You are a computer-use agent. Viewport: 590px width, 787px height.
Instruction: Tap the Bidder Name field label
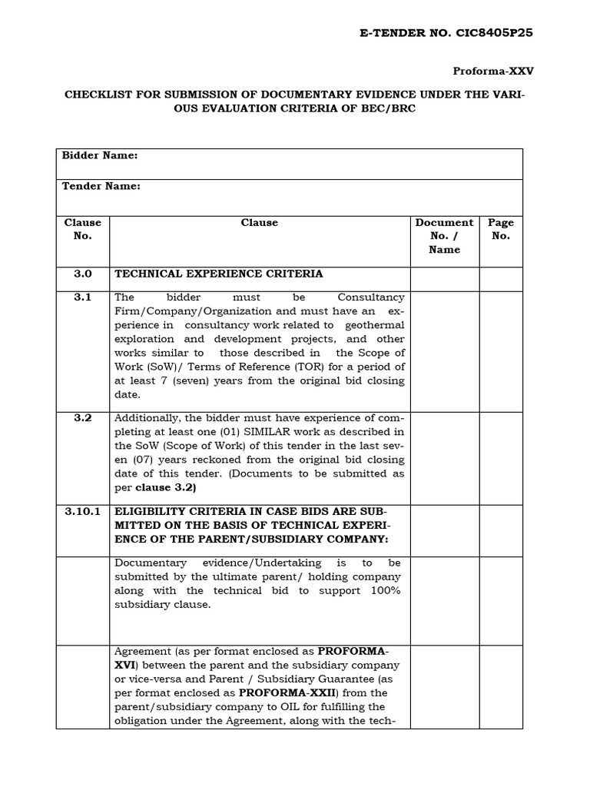click(100, 155)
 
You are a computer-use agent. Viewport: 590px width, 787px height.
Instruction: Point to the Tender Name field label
click(101, 187)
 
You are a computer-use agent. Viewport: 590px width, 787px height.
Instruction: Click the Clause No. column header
click(82, 229)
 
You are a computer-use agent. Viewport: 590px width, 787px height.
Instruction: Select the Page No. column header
click(501, 229)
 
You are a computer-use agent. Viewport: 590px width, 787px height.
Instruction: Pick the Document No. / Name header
click(444, 236)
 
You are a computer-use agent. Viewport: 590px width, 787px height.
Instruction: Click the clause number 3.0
click(82, 274)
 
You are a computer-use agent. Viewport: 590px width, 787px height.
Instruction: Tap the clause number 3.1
click(82, 297)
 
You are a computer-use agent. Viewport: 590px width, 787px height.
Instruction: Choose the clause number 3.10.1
click(82, 511)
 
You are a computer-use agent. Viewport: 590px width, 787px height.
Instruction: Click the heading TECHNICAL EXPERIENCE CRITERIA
click(219, 274)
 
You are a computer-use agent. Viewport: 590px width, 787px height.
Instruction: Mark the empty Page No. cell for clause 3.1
click(501, 350)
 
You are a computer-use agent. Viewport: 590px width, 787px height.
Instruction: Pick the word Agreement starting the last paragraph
click(139, 652)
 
